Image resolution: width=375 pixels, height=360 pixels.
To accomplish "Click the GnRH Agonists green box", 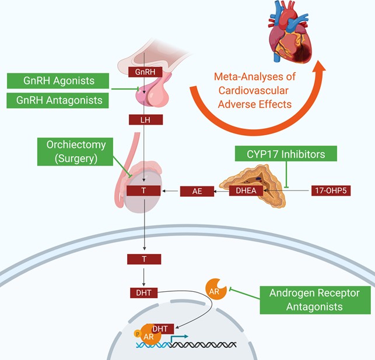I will [58, 81].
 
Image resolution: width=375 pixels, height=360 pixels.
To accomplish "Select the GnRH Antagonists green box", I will [58, 100].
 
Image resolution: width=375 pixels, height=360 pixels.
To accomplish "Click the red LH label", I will [145, 120].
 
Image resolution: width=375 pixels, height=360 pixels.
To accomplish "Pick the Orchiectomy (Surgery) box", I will [75, 151].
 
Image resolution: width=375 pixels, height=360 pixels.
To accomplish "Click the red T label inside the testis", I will [145, 191].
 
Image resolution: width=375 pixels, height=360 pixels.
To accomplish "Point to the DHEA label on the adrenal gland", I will [246, 191].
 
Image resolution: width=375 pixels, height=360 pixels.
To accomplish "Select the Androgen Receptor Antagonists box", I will [316, 299].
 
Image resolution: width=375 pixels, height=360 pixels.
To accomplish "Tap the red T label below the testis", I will [145, 257].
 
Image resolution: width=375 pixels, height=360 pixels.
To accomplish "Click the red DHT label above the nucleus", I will [144, 291].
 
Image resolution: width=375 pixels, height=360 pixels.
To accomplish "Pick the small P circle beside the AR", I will [138, 334].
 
